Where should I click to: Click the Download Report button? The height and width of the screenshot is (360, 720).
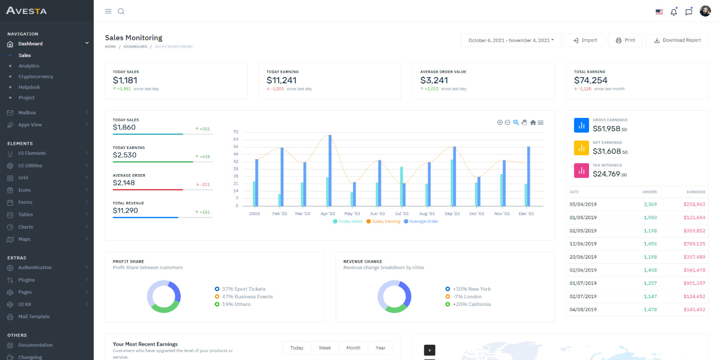(677, 40)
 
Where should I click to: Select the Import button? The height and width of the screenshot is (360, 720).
(585, 40)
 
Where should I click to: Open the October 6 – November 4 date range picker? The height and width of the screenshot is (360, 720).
(511, 40)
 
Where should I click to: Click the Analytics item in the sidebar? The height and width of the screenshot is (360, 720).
(29, 66)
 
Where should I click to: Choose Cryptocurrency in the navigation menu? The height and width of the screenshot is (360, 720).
(36, 76)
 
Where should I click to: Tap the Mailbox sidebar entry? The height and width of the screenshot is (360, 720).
(27, 112)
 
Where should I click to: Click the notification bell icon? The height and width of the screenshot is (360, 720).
(674, 12)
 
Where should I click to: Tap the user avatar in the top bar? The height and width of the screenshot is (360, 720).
(705, 11)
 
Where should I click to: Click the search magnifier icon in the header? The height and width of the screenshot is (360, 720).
(121, 11)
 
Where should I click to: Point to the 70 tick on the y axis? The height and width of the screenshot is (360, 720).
(236, 132)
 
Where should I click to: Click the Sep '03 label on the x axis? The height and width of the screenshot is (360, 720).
(452, 214)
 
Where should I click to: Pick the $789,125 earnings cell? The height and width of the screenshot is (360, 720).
(694, 244)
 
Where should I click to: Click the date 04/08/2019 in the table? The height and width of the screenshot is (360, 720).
(583, 310)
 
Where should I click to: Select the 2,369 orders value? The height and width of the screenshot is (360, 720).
(650, 204)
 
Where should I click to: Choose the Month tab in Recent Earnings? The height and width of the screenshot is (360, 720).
(353, 348)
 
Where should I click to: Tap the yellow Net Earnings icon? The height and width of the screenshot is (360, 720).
(581, 148)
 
